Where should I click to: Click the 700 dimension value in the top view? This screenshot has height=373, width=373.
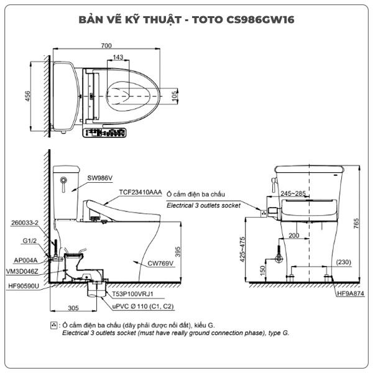pyautogui.click(x=106, y=45)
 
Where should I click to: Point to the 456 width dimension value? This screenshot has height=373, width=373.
pyautogui.click(x=27, y=96)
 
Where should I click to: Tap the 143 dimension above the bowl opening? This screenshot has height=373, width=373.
pyautogui.click(x=118, y=57)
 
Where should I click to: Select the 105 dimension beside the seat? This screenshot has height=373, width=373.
pyautogui.click(x=174, y=96)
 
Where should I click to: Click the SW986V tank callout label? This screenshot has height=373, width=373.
pyautogui.click(x=99, y=178)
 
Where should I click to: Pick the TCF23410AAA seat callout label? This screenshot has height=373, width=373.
pyautogui.click(x=140, y=192)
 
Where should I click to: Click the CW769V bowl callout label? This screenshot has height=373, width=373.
pyautogui.click(x=160, y=264)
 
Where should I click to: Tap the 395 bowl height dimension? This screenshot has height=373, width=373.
pyautogui.click(x=178, y=252)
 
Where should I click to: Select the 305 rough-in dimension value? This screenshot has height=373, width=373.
pyautogui.click(x=73, y=308)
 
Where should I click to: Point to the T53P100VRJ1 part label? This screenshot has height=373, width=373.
pyautogui.click(x=133, y=294)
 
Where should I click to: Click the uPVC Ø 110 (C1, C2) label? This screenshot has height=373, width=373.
pyautogui.click(x=143, y=306)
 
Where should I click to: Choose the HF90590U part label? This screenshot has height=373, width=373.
pyautogui.click(x=24, y=286)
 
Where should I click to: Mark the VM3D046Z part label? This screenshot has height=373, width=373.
pyautogui.click(x=22, y=272)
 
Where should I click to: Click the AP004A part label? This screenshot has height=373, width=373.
pyautogui.click(x=25, y=260)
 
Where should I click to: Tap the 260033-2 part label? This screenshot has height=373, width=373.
pyautogui.click(x=25, y=223)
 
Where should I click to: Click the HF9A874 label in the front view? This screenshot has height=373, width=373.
pyautogui.click(x=351, y=293)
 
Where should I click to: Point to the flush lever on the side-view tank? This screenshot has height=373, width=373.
pyautogui.click(x=63, y=184)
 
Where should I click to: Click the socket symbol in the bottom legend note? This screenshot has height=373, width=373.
pyautogui.click(x=53, y=325)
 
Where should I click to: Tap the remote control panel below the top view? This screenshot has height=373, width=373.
pyautogui.click(x=104, y=133)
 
